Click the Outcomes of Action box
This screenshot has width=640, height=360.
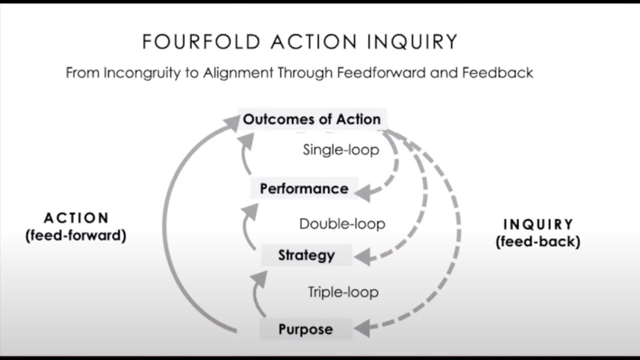pyautogui.click(x=311, y=119)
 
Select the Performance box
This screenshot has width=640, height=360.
pyautogui.click(x=304, y=188)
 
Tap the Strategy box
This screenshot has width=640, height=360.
pyautogui.click(x=306, y=255)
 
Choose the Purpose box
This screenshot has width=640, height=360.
pyautogui.click(x=305, y=329)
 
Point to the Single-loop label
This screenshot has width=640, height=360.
pyautogui.click(x=341, y=149)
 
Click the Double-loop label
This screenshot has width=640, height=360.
pyautogui.click(x=342, y=223)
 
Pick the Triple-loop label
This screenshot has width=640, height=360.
pyautogui.click(x=343, y=292)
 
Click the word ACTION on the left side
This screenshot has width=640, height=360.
pyautogui.click(x=76, y=218)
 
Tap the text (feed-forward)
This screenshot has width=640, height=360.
pyautogui.click(x=76, y=235)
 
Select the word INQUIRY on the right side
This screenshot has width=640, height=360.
pyautogui.click(x=538, y=224)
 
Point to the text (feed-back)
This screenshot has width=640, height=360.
pyautogui.click(x=538, y=242)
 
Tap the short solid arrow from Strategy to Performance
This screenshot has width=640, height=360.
pyautogui.click(x=247, y=223)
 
